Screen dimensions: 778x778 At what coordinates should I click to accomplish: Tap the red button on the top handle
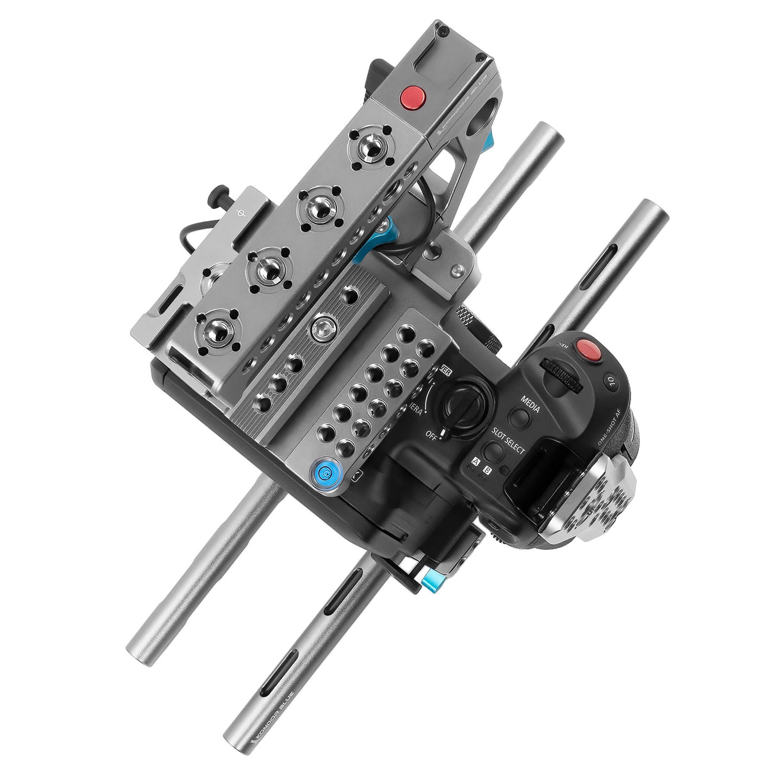pos(413,98)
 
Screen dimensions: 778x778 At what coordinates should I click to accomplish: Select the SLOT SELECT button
pos(492,451)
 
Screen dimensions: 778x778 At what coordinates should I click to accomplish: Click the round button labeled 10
pos(610,382)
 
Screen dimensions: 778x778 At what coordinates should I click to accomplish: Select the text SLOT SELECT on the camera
pos(508,441)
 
